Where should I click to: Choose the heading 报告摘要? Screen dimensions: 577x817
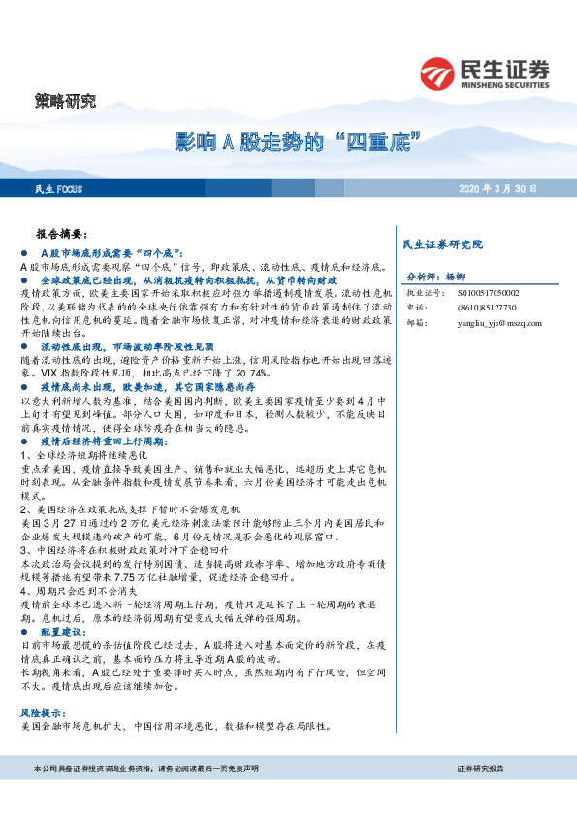coord(61,234)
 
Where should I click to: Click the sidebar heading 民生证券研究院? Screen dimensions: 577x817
coord(441,244)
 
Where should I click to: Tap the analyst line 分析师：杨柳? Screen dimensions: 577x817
coord(435,276)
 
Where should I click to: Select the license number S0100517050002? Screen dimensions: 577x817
coord(487,291)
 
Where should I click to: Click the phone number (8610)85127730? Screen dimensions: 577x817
coord(482,307)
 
